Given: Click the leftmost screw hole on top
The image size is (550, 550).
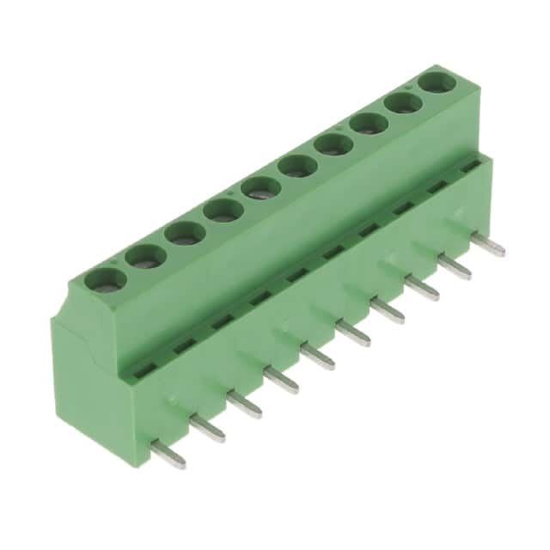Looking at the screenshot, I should coord(104,278).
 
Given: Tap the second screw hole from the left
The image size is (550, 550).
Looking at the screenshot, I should coord(144,255).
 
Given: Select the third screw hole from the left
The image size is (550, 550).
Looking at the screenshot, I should coord(182,232).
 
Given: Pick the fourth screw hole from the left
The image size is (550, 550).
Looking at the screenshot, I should coord(221,209).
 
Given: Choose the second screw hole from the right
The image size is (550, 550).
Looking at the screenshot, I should coord(403,103).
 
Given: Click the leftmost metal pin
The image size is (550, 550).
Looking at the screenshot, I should coord(168,453).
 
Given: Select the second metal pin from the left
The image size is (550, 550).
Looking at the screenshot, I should coord(206,427).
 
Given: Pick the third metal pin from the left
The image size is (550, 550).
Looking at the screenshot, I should coord(244,403).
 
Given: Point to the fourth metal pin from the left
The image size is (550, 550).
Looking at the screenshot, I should coord(281,379).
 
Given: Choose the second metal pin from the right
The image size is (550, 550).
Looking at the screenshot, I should coord(454,267).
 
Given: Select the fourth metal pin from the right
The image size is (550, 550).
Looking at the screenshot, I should coord(387,310).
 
